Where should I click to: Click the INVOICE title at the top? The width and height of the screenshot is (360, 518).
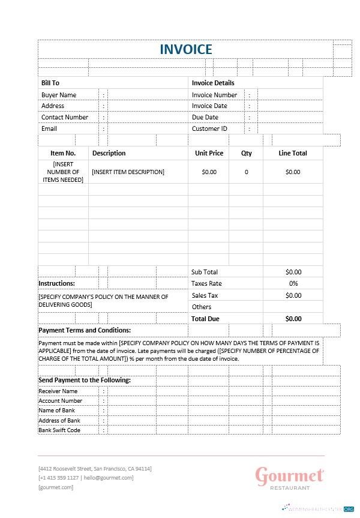coord(185,49)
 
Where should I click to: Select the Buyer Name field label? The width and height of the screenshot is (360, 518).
coord(59,95)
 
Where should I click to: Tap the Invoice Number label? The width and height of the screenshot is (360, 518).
coord(214,95)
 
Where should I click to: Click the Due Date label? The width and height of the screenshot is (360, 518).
coord(205,118)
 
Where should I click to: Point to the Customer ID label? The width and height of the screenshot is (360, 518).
coord(209,128)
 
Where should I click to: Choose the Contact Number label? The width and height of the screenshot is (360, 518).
coord(65,118)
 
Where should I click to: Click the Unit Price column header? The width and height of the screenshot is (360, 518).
coord(209,153)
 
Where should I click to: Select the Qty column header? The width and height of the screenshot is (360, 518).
coord(247,153)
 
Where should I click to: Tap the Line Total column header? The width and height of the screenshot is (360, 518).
coord(293,153)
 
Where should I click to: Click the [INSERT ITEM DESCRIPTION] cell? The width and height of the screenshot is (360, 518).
coord(128,172)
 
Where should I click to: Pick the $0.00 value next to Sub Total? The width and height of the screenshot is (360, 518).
coord(293,272)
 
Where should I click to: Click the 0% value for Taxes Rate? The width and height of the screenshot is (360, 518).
coord(293,283)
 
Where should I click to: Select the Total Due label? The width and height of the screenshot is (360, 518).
coord(205,319)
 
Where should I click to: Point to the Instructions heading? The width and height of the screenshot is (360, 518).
coord(56,283)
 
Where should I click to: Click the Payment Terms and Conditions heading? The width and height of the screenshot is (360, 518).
coord(85,330)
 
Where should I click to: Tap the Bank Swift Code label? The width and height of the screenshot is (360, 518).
coord(59,430)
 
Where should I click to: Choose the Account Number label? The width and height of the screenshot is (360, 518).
coord(61,401)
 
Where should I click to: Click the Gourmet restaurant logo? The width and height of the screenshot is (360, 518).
coord(290,478)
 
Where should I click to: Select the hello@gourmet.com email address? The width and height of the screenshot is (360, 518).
coord(109,478)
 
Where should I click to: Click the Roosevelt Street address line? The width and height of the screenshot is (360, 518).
coord(95,468)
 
